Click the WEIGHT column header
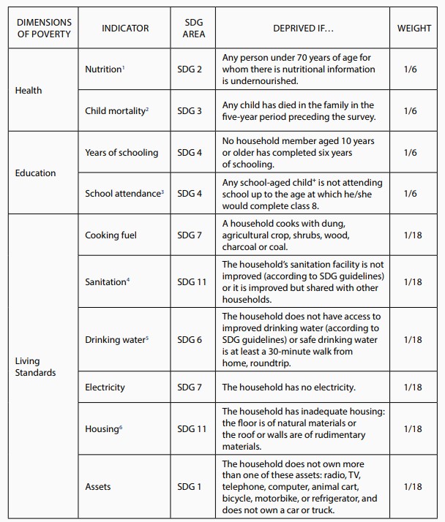[414, 28]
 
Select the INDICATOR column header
[125, 28]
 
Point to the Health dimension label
[29, 90]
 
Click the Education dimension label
[35, 173]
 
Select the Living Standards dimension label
[35, 367]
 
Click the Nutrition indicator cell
[105, 69]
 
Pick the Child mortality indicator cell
[117, 110]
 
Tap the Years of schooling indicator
[121, 152]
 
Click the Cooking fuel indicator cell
[111, 235]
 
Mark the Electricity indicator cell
[105, 387]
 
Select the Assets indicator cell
[98, 486]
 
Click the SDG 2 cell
[190, 69]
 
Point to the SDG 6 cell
[190, 340]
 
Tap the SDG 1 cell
[190, 486]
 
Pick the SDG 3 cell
[190, 110]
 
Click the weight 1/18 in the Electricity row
[413, 387]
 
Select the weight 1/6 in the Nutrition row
[410, 69]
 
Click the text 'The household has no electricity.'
[288, 387]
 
